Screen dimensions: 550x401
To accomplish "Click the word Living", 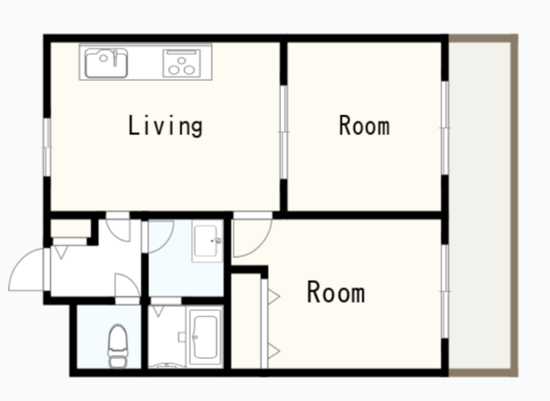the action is [x=165, y=126].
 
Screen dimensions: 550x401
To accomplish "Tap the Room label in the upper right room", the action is [x=364, y=125].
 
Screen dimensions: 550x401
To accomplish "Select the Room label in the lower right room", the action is [x=336, y=292].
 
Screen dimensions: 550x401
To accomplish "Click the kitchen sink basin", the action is [x=106, y=63].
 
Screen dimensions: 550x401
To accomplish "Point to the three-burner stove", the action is [x=181, y=63].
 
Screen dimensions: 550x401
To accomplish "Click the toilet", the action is [x=118, y=346].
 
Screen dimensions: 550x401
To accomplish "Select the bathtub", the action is [x=206, y=337].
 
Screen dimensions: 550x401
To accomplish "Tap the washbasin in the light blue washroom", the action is [x=207, y=241].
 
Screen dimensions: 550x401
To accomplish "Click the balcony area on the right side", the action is [x=480, y=205].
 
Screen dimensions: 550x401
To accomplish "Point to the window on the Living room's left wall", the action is [x=47, y=147].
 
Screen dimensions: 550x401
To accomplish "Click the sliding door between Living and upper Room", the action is [x=284, y=132].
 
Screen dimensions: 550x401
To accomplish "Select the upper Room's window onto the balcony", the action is [x=445, y=128].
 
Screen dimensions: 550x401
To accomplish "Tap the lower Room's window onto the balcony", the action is [x=445, y=291].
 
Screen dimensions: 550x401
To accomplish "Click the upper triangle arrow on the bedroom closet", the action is [x=274, y=297].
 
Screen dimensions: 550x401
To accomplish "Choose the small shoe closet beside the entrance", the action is [x=71, y=228].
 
